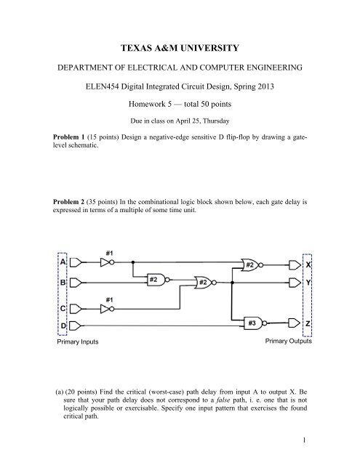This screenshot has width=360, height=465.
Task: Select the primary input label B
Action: (63, 281)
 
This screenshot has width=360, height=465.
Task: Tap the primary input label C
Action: (63, 307)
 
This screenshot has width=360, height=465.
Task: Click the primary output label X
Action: (307, 266)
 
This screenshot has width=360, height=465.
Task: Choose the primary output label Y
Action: (307, 281)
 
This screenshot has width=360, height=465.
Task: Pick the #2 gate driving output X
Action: (251, 266)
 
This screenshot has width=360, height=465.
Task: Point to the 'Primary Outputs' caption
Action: (288, 339)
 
